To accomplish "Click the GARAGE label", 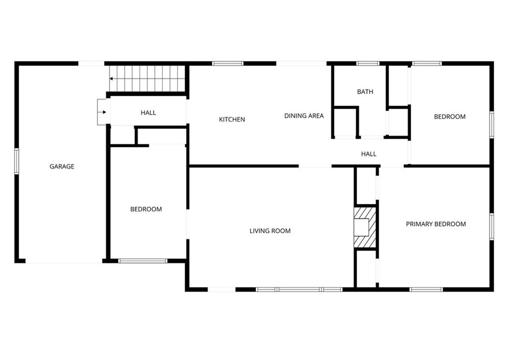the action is click(62, 167).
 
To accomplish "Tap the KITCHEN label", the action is click(232, 120).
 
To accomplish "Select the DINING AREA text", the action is click(304, 116).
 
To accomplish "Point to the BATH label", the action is click(365, 92).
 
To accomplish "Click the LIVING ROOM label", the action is click(270, 231).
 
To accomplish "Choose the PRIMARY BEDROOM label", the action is click(436, 224).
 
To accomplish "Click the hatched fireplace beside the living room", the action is click(365, 227).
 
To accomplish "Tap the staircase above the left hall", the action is click(147, 79).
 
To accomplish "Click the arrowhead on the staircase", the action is click(111, 79).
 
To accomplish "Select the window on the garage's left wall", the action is click(16, 161).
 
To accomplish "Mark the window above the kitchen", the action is click(228, 63).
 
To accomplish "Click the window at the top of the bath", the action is click(368, 63).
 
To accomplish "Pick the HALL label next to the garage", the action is click(148, 113).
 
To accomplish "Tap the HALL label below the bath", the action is click(369, 154).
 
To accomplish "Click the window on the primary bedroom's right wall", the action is click(492, 227).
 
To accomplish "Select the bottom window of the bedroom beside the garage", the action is click(142, 261).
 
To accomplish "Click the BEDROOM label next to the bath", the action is click(449, 117).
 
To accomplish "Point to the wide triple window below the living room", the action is click(299, 290).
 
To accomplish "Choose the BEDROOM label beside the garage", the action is click(146, 209).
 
